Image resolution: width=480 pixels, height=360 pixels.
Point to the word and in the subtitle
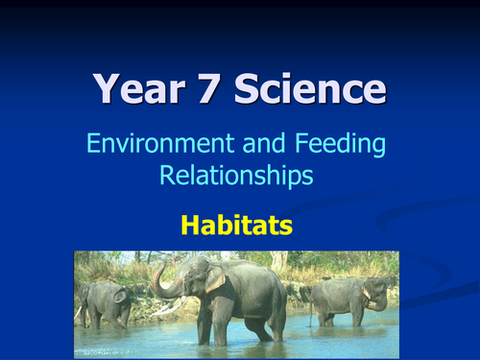click(263, 146)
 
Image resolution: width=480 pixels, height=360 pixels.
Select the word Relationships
click(236, 177)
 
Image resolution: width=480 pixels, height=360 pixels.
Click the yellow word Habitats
click(236, 227)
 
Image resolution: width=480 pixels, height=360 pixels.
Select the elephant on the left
click(104, 302)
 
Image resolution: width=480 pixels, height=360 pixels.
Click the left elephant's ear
click(120, 295)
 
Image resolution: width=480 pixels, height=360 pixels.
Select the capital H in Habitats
click(190, 227)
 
